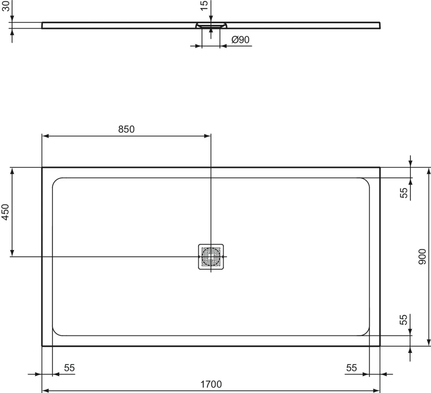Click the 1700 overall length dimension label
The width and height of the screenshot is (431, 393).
coord(211,384)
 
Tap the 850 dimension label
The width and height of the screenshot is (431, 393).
coord(126,129)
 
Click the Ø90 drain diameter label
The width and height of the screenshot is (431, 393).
coord(240,39)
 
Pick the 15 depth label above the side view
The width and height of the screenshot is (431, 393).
coord(204,6)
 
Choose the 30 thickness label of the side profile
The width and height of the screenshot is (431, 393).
coord(5,6)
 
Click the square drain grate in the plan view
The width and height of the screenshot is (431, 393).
coord(211,257)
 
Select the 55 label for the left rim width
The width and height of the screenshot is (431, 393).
coord(69,368)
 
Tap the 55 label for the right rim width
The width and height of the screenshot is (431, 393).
coord(352,368)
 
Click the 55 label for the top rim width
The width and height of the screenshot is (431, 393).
coord(404,193)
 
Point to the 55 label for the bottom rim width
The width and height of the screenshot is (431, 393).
coord(404,319)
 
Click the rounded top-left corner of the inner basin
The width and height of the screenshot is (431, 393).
coord(55,181)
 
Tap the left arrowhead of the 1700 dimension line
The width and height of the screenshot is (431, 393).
coord(45,390)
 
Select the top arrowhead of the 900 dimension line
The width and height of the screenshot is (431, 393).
coord(428,171)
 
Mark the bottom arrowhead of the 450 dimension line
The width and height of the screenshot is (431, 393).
coord(12,253)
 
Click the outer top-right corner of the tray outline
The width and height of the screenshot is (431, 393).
coord(380,168)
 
